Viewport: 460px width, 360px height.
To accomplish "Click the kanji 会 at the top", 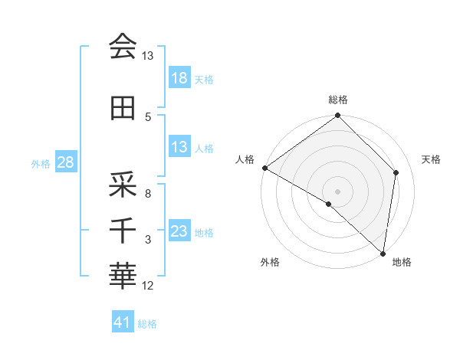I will (x=123, y=47).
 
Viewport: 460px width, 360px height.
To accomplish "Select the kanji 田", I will (x=123, y=109).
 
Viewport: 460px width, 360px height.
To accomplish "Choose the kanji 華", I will (x=123, y=274).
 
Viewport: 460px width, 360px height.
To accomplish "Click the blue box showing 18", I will (x=179, y=78).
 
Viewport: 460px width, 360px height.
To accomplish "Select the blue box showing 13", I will (x=179, y=147).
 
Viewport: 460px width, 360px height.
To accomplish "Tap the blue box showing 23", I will (x=179, y=231).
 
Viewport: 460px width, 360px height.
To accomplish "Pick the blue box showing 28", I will (x=65, y=162).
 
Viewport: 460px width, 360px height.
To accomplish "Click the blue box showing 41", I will (x=123, y=322).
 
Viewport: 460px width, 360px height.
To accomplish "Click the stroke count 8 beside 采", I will (x=147, y=194).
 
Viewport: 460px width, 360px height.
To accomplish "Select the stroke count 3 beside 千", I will (x=148, y=240).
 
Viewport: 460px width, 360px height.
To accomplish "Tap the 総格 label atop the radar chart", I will (x=338, y=100).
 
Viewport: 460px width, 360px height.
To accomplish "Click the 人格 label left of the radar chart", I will (x=245, y=159).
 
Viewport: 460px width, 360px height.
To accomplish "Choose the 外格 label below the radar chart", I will (x=270, y=263).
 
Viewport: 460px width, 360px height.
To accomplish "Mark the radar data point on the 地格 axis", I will (x=383, y=253).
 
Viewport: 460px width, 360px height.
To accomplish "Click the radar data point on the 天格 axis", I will (x=396, y=172).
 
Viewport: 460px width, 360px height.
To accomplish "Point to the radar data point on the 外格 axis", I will (x=328, y=205).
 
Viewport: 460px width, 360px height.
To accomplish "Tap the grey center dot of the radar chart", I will (x=338, y=191).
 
